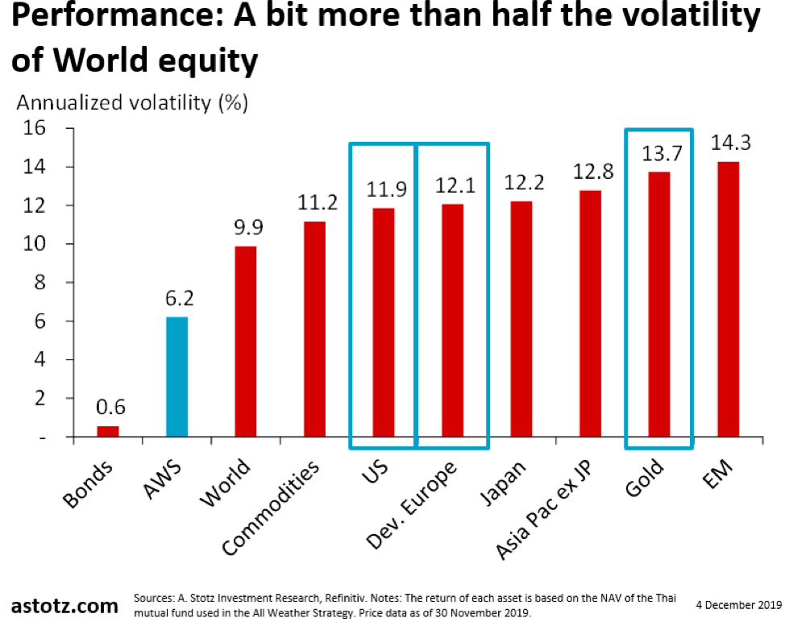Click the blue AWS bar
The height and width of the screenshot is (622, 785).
[x=177, y=377]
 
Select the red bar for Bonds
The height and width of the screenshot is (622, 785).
[x=108, y=431]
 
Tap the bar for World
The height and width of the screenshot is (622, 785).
[x=245, y=342]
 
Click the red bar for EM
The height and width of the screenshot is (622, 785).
[x=728, y=299]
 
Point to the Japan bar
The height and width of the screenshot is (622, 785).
[x=521, y=319]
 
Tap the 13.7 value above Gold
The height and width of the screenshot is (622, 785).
[x=659, y=154]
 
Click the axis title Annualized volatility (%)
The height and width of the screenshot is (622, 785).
[x=132, y=103]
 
